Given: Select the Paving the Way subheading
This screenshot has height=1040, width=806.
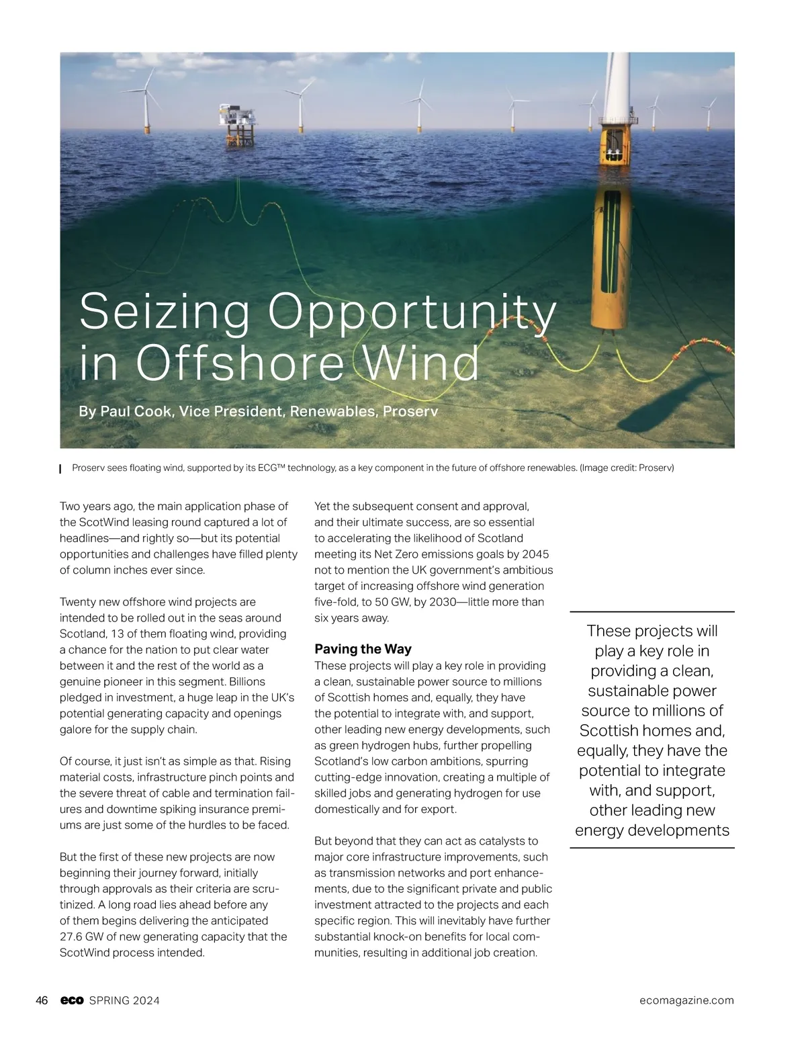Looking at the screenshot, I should point(363,649).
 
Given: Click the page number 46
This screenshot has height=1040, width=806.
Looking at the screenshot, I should point(42,1000).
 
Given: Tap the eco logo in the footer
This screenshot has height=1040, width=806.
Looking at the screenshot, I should point(72,1000).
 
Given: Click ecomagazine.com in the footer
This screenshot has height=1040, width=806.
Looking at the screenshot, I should point(687,1000).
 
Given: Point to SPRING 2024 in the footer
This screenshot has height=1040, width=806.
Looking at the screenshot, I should point(124,1000).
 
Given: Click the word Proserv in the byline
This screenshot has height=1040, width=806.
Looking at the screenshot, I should point(410,411).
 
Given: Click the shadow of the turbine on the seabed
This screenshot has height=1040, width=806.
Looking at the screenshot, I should point(672,403).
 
